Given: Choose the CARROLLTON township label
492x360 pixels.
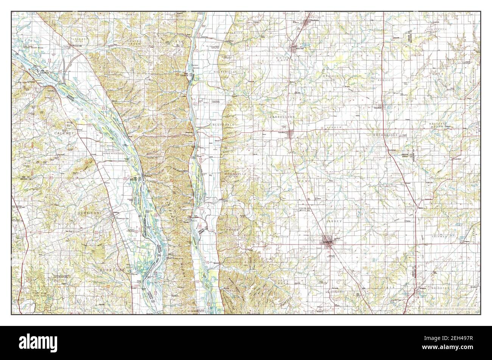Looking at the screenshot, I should pyautogui.click(x=282, y=118).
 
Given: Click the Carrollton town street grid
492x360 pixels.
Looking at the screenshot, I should pyautogui.click(x=291, y=133).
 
